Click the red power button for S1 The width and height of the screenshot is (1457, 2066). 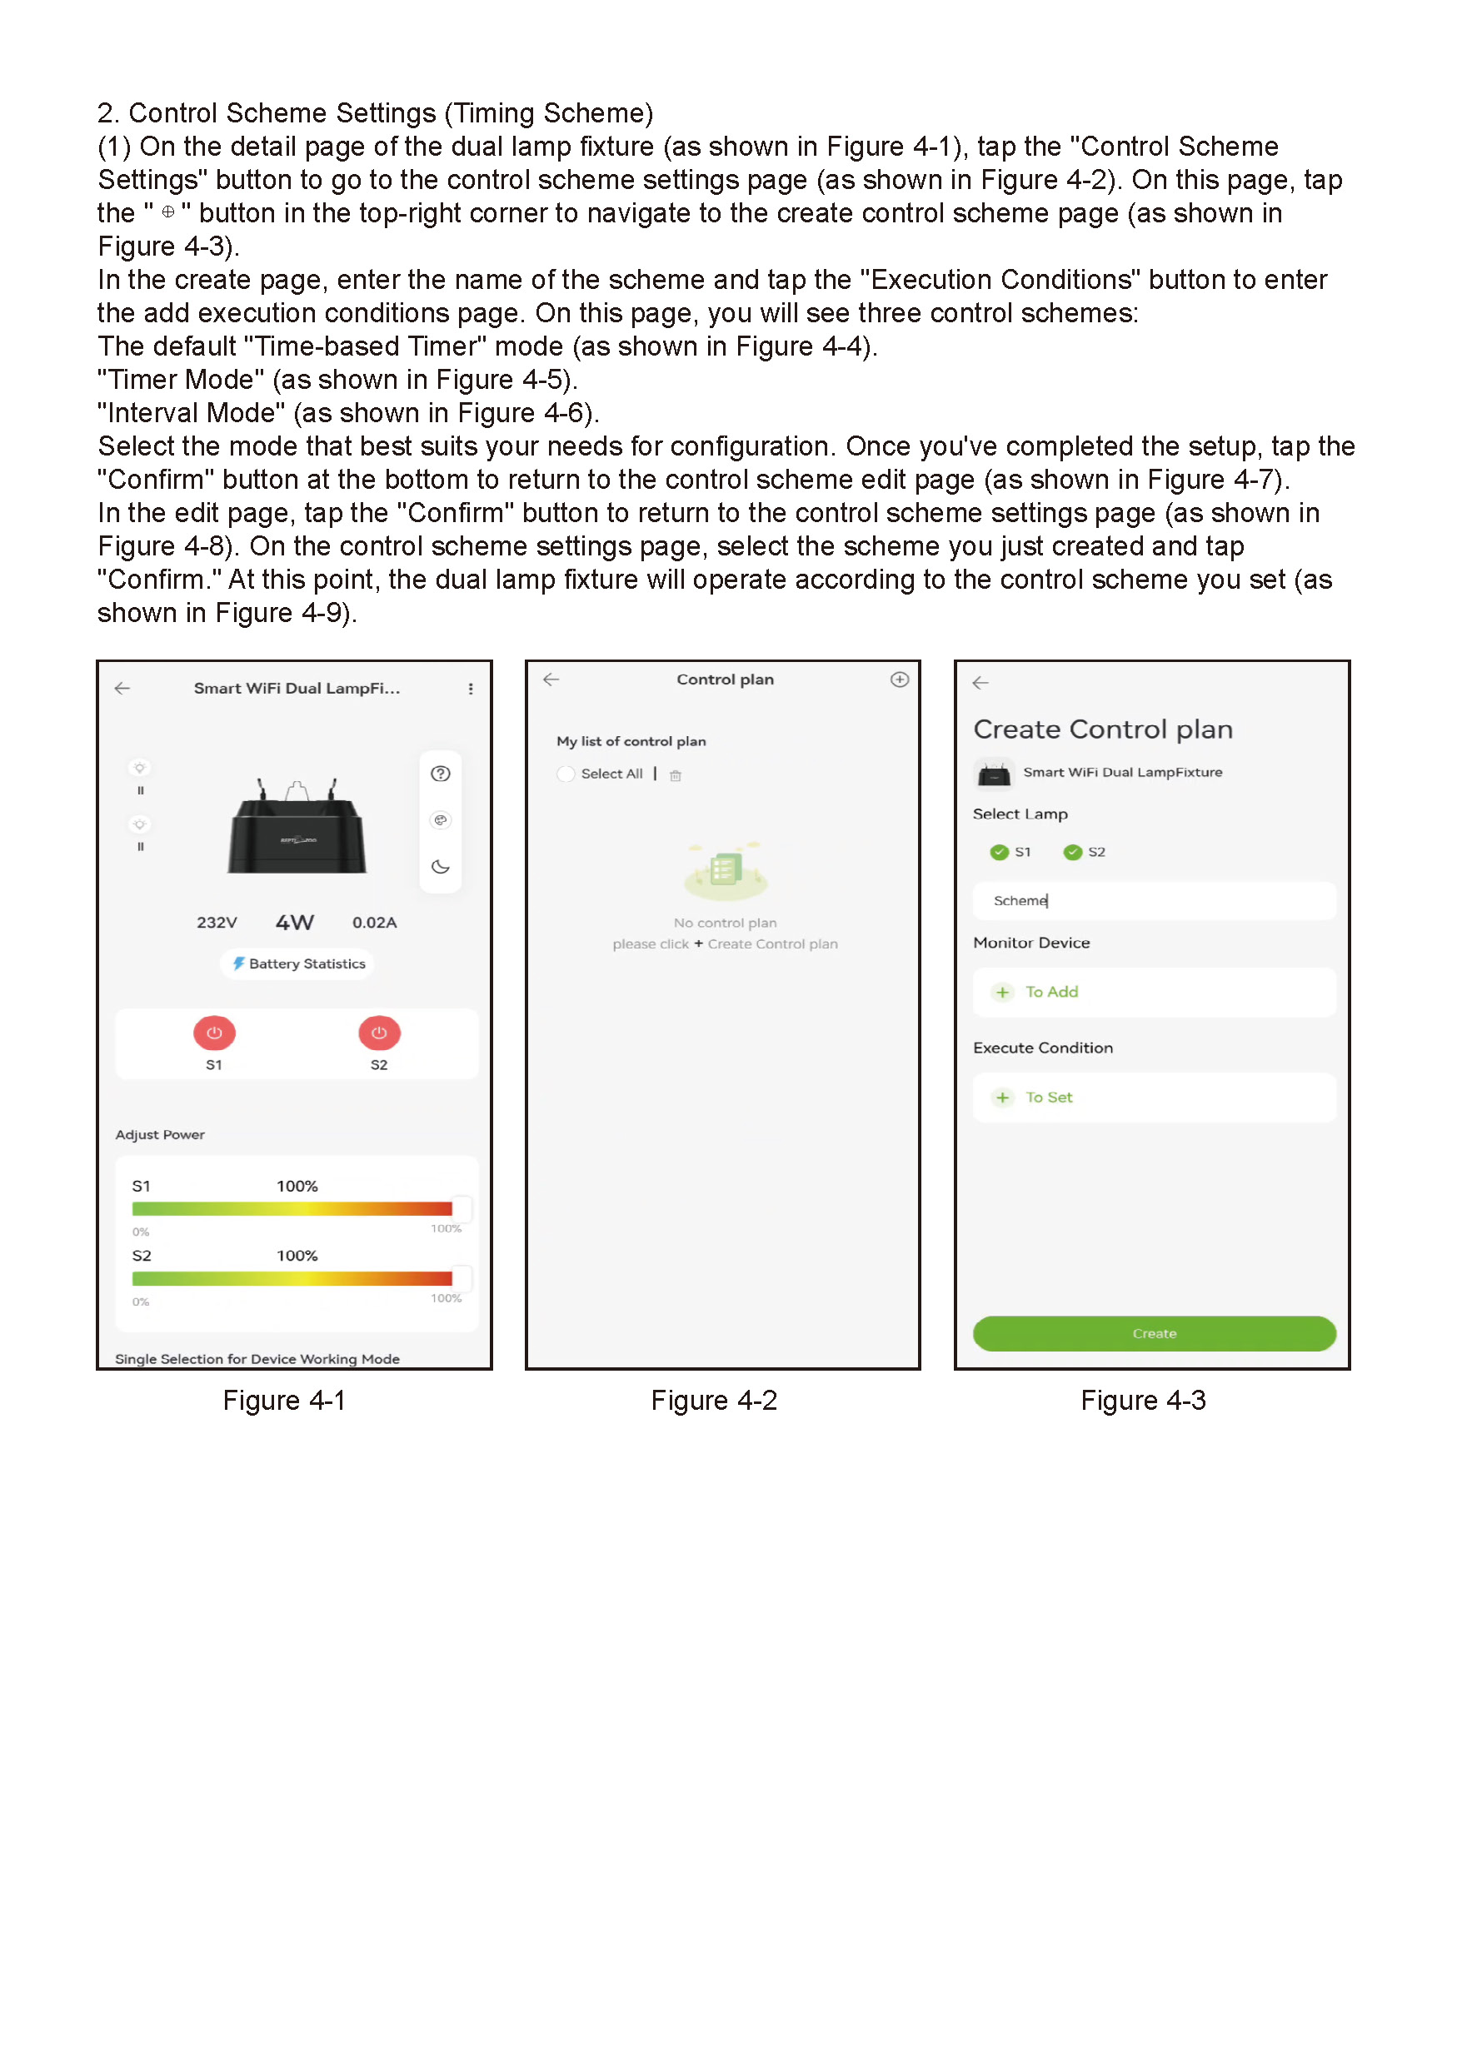coord(214,1033)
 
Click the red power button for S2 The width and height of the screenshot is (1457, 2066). coord(379,1033)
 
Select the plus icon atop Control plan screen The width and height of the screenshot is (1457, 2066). coord(899,680)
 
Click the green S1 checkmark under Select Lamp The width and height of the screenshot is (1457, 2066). coord(998,852)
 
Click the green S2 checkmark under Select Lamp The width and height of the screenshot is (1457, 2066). coord(1072,852)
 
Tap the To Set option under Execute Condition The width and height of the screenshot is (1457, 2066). coord(1047,1097)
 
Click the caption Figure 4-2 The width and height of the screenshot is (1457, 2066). coord(714,1400)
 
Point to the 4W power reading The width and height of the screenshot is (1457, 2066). coord(294,923)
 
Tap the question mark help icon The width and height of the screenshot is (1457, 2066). coord(440,774)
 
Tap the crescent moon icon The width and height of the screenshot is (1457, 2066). coord(440,867)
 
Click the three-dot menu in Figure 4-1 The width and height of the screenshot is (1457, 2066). coord(470,689)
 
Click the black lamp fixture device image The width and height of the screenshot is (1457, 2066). coord(297,827)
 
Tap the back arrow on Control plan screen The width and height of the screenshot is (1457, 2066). coord(551,680)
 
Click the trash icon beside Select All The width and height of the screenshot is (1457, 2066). coord(675,774)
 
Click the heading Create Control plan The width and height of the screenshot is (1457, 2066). coord(1102,729)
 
